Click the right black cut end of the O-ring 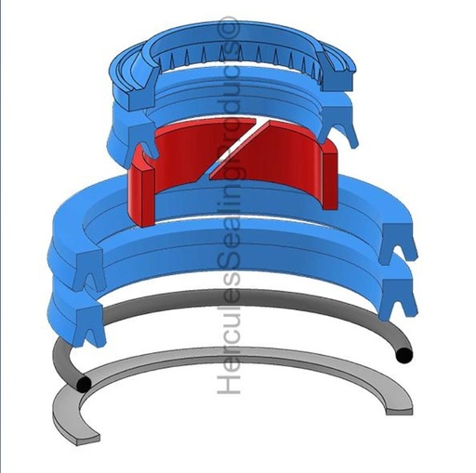(x=404, y=355)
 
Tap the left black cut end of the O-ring (x=84, y=384)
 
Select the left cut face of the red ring (x=142, y=196)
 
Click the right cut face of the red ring (x=330, y=176)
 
